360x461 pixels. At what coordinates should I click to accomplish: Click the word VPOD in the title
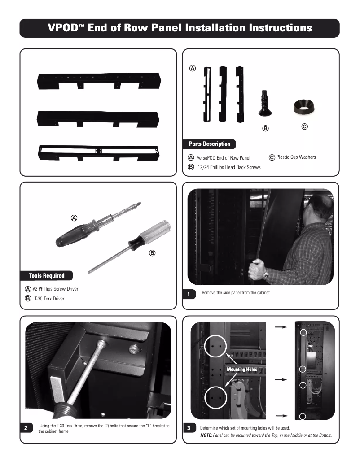[66, 28]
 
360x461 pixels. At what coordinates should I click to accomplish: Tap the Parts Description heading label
[210, 144]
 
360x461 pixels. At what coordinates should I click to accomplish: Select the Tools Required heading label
[47, 275]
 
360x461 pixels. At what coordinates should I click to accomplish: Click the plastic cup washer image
[304, 106]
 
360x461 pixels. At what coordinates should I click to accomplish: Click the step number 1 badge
[189, 294]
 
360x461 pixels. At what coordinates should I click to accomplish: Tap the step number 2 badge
[26, 428]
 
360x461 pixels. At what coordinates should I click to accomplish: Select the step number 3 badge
[189, 428]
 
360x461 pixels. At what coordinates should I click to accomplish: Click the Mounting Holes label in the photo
[242, 369]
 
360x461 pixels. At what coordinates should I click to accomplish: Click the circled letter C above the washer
[304, 127]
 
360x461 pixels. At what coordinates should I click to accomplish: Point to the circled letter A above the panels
[192, 69]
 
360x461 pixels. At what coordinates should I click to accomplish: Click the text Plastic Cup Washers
[296, 157]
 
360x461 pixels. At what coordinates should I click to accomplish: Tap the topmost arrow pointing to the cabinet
[281, 327]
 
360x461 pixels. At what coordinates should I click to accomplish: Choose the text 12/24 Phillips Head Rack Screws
[229, 167]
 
